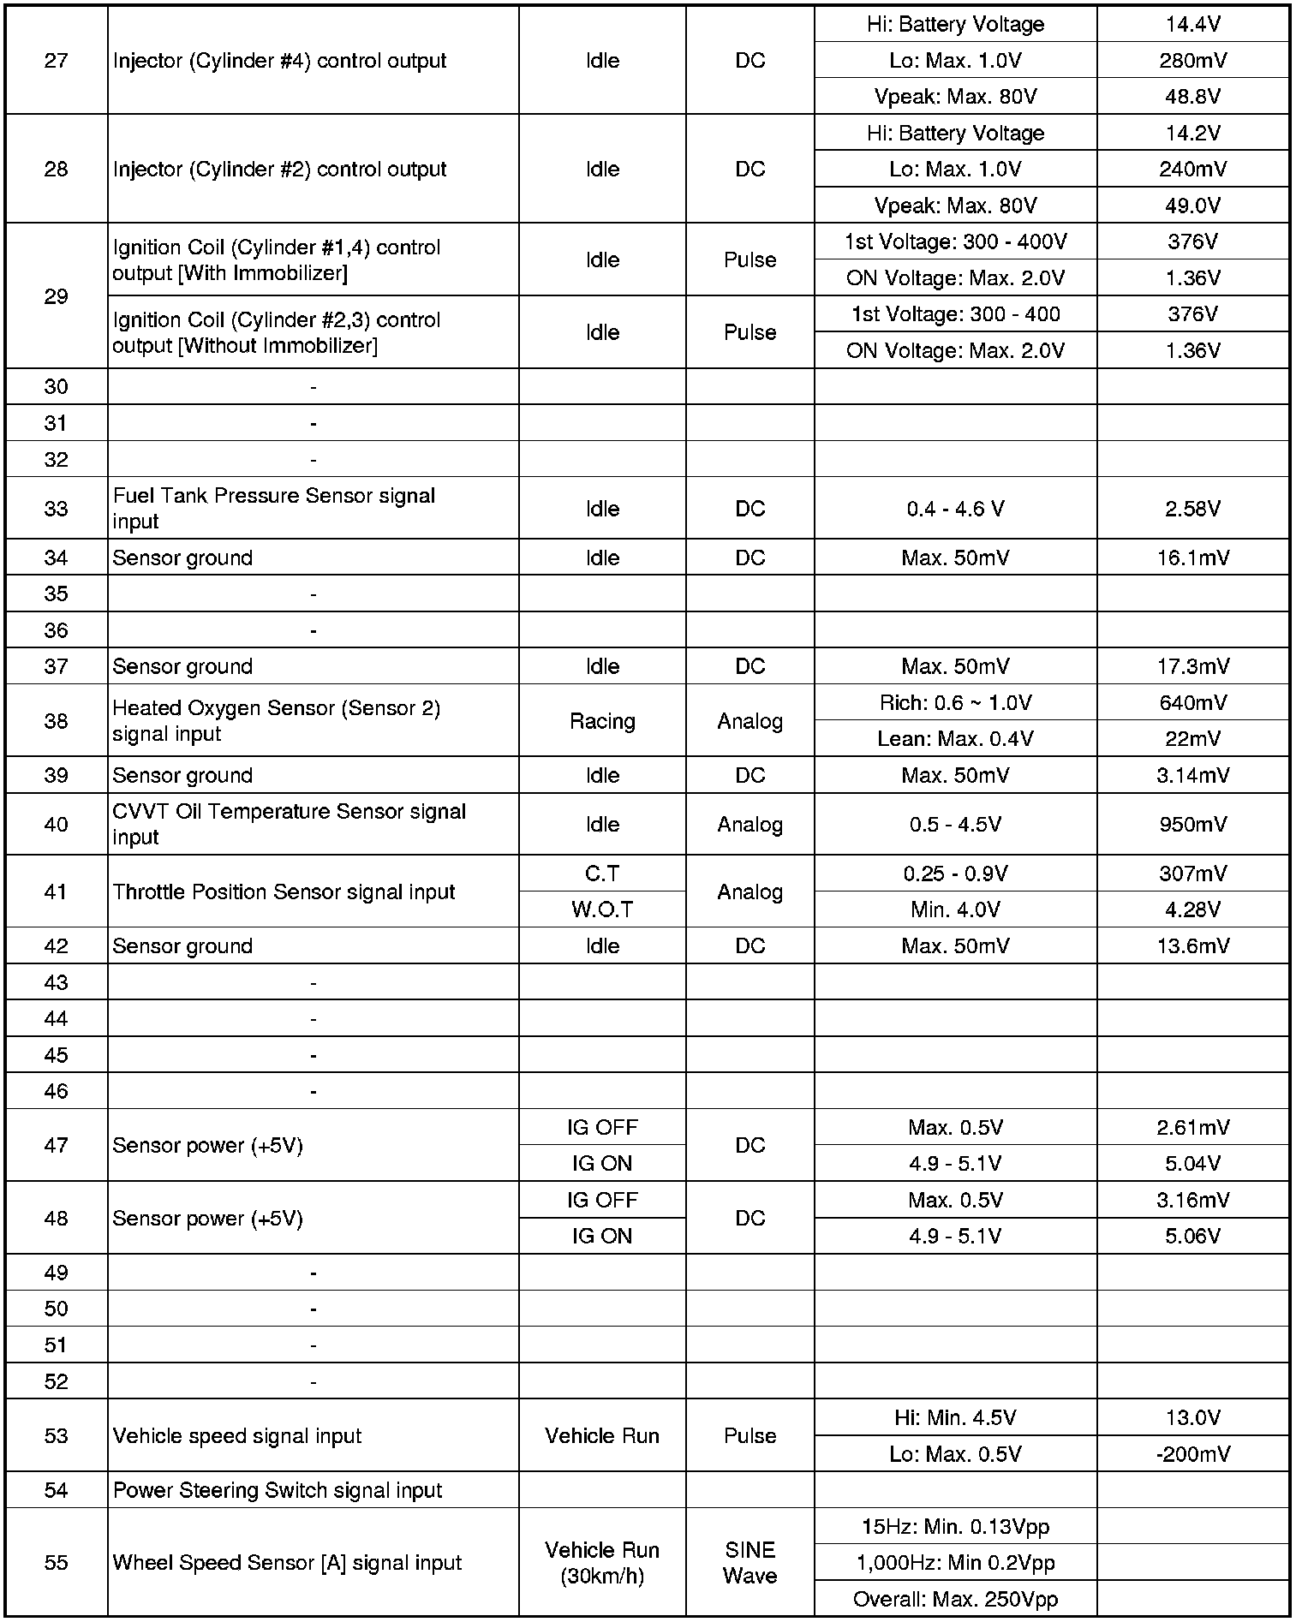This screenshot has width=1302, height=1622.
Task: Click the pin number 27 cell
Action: click(x=56, y=61)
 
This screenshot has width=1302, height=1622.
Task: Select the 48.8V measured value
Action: click(x=1192, y=97)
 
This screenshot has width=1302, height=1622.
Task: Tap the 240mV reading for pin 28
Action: click(x=1192, y=170)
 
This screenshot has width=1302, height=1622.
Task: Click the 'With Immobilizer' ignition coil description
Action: click(x=277, y=260)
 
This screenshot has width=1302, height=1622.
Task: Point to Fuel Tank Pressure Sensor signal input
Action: click(x=274, y=509)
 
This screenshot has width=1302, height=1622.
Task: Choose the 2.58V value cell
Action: click(x=1192, y=509)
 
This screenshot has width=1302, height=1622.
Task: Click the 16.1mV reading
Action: click(x=1192, y=558)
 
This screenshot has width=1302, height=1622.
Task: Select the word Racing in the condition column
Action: click(x=602, y=721)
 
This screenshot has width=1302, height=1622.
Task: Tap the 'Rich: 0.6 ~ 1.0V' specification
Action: click(x=955, y=703)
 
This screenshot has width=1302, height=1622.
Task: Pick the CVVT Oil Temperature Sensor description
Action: click(x=289, y=824)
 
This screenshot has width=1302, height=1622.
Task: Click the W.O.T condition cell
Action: click(x=602, y=909)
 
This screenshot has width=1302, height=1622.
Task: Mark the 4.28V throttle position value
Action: click(x=1192, y=909)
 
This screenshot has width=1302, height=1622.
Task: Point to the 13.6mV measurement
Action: click(x=1192, y=946)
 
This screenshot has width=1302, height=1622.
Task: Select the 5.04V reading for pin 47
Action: click(x=1192, y=1164)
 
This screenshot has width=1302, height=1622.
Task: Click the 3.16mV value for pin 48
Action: click(x=1192, y=1200)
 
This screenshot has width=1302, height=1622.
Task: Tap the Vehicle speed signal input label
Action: click(x=237, y=1436)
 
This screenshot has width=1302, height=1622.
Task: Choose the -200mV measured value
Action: click(x=1192, y=1454)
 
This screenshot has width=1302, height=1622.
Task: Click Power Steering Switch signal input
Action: click(x=278, y=1490)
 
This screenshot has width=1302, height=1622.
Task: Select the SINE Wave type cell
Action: click(x=750, y=1563)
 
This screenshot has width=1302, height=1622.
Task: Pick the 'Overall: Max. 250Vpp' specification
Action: click(x=955, y=1599)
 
